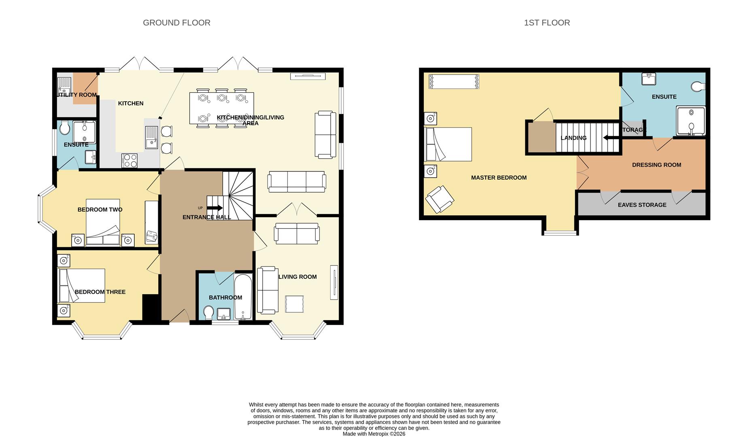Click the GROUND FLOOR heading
(x=176, y=23)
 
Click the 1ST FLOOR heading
(x=547, y=23)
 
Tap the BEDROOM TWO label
(x=100, y=210)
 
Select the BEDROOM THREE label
(x=100, y=292)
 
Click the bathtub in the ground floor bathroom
(x=243, y=297)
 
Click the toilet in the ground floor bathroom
(x=208, y=313)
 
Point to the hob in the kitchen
(x=130, y=160)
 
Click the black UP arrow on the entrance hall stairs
(x=215, y=208)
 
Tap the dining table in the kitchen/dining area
(x=221, y=108)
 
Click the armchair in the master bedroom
(x=440, y=199)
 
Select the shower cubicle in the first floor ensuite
(x=691, y=121)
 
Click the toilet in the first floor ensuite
(x=698, y=87)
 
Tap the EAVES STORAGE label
(x=642, y=205)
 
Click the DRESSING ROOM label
(x=656, y=165)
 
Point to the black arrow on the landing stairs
(x=611, y=138)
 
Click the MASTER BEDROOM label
(x=499, y=177)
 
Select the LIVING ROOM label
(x=297, y=277)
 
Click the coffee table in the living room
(x=295, y=303)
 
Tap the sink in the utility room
(x=64, y=85)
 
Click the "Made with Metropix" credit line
(x=374, y=434)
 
